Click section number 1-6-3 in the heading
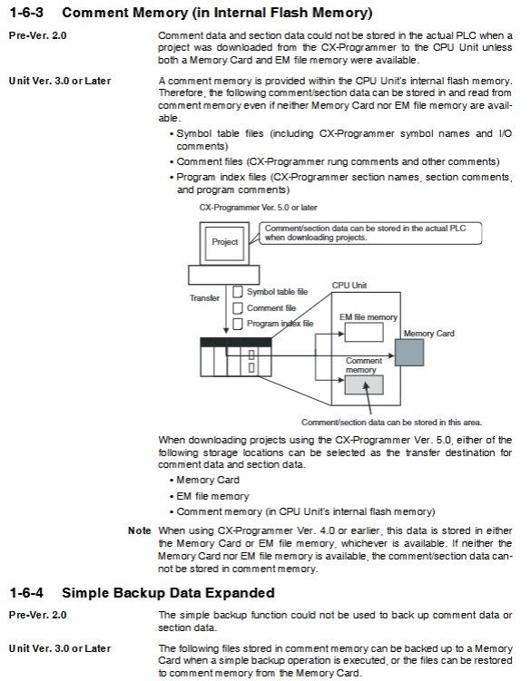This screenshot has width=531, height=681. coord(26,13)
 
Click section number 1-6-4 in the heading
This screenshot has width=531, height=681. coord(26,593)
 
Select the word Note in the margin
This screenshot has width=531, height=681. coord(139,530)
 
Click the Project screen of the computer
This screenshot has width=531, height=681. coord(224,242)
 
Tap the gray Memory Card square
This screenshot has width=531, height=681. coord(409,352)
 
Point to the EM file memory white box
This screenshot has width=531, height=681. coord(364,333)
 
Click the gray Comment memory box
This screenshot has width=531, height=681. coord(364,384)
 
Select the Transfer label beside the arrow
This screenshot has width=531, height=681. coord(204,298)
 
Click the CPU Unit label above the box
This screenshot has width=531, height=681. coord(349,286)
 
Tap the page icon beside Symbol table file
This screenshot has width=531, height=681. coord(238,291)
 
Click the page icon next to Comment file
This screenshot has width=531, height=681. coord(238,308)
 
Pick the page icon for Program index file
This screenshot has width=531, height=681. coord(238,324)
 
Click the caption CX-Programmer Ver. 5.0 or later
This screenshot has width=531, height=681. coord(259,208)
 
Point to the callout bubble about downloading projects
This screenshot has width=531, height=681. coord(370,233)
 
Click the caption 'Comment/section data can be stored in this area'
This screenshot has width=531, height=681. coord(391,423)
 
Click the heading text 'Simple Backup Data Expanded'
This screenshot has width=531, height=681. coord(168,593)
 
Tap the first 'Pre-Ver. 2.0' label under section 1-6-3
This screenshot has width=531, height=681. coord(38,35)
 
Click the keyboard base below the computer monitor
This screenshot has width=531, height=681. coord(224,276)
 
